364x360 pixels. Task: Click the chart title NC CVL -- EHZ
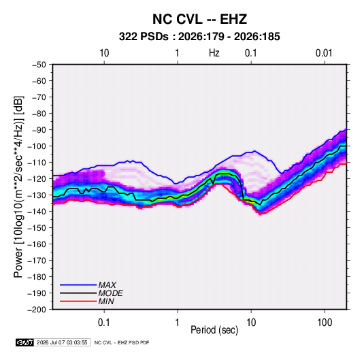[199, 19]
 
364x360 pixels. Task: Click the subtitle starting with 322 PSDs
[199, 37]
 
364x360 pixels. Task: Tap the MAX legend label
[107, 285]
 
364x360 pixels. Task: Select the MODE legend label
[110, 293]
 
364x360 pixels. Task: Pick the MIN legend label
[106, 301]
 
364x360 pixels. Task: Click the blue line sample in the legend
[78, 285]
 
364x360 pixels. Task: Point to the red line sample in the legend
[78, 301]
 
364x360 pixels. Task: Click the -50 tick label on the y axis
[39, 65]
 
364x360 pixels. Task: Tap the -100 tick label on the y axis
[37, 146]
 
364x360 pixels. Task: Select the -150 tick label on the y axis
[37, 228]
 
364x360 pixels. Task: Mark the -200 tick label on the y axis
[37, 310]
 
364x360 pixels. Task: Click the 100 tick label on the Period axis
[325, 323]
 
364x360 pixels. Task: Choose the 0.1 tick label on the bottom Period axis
[104, 323]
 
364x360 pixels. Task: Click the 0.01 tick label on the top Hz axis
[324, 53]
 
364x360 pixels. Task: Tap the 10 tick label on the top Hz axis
[104, 53]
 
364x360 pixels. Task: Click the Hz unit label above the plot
[214, 53]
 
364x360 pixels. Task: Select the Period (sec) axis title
[214, 330]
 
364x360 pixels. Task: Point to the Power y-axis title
[18, 187]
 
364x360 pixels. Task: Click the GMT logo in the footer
[24, 342]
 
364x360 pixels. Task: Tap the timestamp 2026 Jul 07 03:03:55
[62, 342]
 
